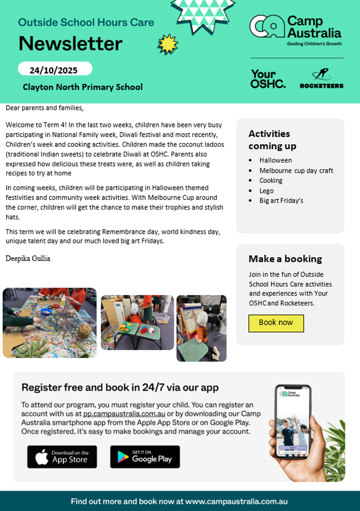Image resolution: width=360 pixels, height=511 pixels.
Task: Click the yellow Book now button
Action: pos(276,323)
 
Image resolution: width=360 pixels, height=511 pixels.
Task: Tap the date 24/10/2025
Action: pos(54,70)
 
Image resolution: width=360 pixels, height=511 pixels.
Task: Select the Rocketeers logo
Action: pos(321,79)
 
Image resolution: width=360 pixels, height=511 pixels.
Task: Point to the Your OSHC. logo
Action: pos(268,79)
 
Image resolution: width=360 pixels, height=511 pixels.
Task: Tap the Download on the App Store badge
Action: pos(62,457)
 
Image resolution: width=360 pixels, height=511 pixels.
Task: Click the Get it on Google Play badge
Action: pos(145,457)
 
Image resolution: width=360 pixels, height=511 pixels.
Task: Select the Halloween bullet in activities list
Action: pos(276,161)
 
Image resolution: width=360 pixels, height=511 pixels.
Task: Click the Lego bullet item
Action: pos(266,191)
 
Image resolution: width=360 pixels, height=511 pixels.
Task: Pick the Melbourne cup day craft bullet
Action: pos(296,171)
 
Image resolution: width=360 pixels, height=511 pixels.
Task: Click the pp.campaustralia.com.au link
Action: pos(124,413)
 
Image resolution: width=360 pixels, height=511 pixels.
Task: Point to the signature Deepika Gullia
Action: pos(28,258)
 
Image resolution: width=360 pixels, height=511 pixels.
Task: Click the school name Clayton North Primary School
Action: pos(83,87)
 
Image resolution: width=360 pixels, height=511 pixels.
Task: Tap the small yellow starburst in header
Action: pos(168,44)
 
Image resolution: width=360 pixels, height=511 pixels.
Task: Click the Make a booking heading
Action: pos(285,259)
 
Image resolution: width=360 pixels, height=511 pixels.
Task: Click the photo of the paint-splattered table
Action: pos(49,323)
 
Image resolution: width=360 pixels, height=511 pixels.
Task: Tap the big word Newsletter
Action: pos(71,43)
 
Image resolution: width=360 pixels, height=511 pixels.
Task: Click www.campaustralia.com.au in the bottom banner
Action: pos(237,501)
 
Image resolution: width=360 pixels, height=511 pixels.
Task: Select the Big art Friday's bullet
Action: pos(281,201)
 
